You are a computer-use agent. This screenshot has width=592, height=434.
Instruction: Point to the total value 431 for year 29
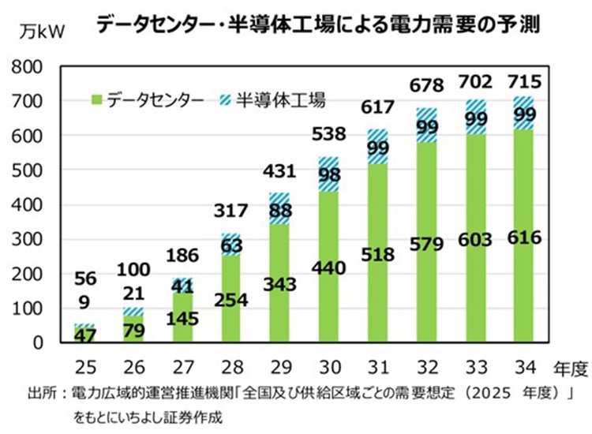pos(278,171)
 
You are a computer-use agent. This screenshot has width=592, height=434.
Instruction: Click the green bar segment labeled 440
pos(329,268)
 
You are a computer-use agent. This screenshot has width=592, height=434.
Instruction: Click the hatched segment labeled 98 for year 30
pos(329,174)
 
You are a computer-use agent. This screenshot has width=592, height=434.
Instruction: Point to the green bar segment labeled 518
pos(377,254)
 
